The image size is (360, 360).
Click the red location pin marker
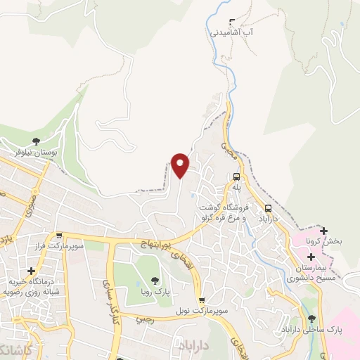(x=181, y=165)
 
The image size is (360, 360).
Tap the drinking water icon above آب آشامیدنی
(x=233, y=22)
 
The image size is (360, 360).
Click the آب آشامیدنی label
(x=232, y=32)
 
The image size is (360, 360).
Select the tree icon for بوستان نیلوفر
(x=37, y=141)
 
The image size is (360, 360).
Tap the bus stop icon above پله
(x=236, y=177)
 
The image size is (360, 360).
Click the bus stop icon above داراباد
(x=268, y=208)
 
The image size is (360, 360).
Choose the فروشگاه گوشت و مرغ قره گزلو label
(x=227, y=212)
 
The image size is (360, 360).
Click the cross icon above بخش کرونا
(x=323, y=231)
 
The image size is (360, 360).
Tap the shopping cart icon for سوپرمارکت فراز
(x=60, y=237)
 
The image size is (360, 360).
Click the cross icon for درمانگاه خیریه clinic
(x=31, y=271)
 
